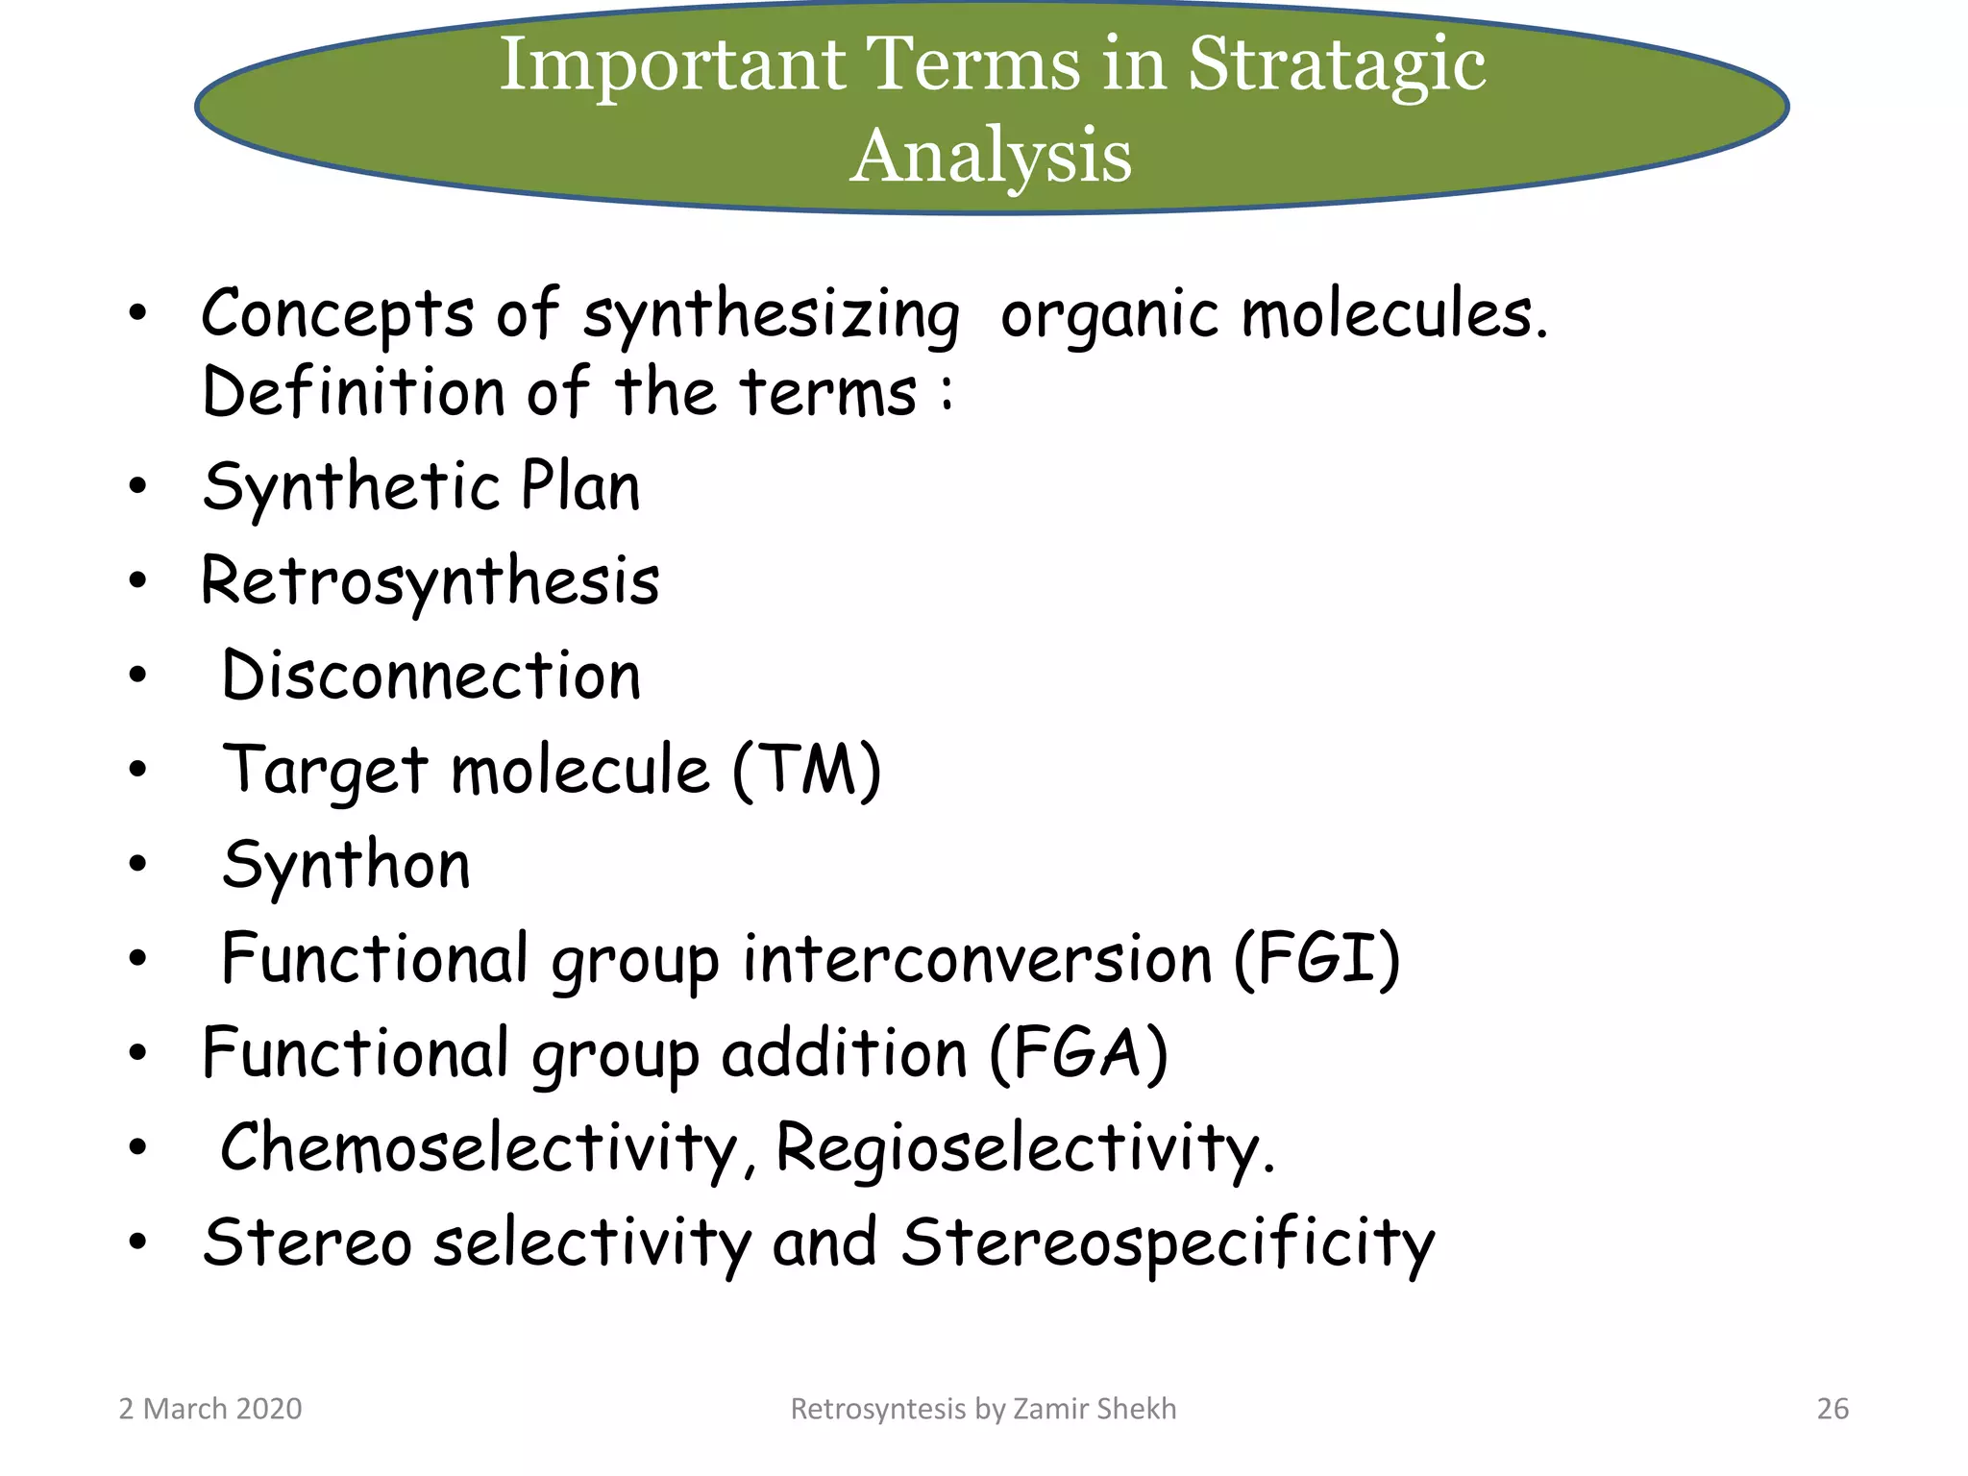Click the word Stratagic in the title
tap(1337, 65)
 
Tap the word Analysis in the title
tap(991, 156)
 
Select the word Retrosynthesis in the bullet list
tap(430, 582)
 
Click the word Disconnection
tap(430, 676)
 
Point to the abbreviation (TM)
tap(806, 771)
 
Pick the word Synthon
tap(346, 865)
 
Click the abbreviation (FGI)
tap(1316, 959)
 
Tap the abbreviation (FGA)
tap(1078, 1054)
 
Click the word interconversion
tap(978, 959)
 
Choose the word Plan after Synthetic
tap(579, 486)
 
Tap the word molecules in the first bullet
tap(1393, 315)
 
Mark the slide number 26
tap(1833, 1409)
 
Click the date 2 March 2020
tap(209, 1409)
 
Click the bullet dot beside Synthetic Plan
tap(138, 486)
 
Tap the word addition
tap(844, 1054)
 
